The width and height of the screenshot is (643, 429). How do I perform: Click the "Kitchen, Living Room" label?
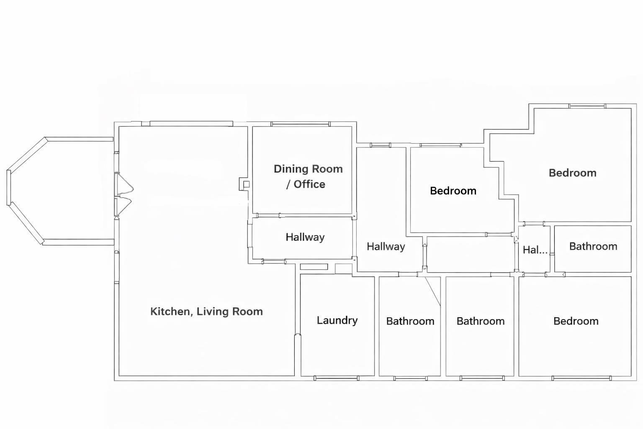click(206, 311)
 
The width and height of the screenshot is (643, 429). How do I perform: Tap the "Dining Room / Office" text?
click(308, 176)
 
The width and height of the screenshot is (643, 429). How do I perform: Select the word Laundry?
click(337, 320)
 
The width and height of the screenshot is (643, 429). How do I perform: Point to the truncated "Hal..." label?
click(535, 250)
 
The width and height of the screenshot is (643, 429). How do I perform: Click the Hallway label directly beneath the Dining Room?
click(305, 237)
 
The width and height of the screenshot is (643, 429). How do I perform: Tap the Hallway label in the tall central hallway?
click(386, 246)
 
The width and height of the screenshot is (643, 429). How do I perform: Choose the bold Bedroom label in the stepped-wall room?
click(572, 173)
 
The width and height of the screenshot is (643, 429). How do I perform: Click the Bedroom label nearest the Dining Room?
click(453, 191)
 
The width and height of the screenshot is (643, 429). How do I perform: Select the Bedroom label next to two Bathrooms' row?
click(576, 321)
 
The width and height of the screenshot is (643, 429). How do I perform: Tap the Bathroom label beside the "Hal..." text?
click(593, 246)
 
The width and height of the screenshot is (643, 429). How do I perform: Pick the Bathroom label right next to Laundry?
click(410, 321)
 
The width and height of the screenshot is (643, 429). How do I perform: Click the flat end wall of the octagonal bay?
click(8, 187)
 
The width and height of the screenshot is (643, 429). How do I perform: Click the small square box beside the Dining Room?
click(246, 184)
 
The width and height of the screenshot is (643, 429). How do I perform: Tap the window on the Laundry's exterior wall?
click(336, 378)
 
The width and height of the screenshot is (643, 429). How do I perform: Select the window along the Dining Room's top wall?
click(300, 124)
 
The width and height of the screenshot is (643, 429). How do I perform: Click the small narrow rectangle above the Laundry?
click(314, 267)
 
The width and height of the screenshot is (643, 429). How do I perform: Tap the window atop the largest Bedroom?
click(587, 106)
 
